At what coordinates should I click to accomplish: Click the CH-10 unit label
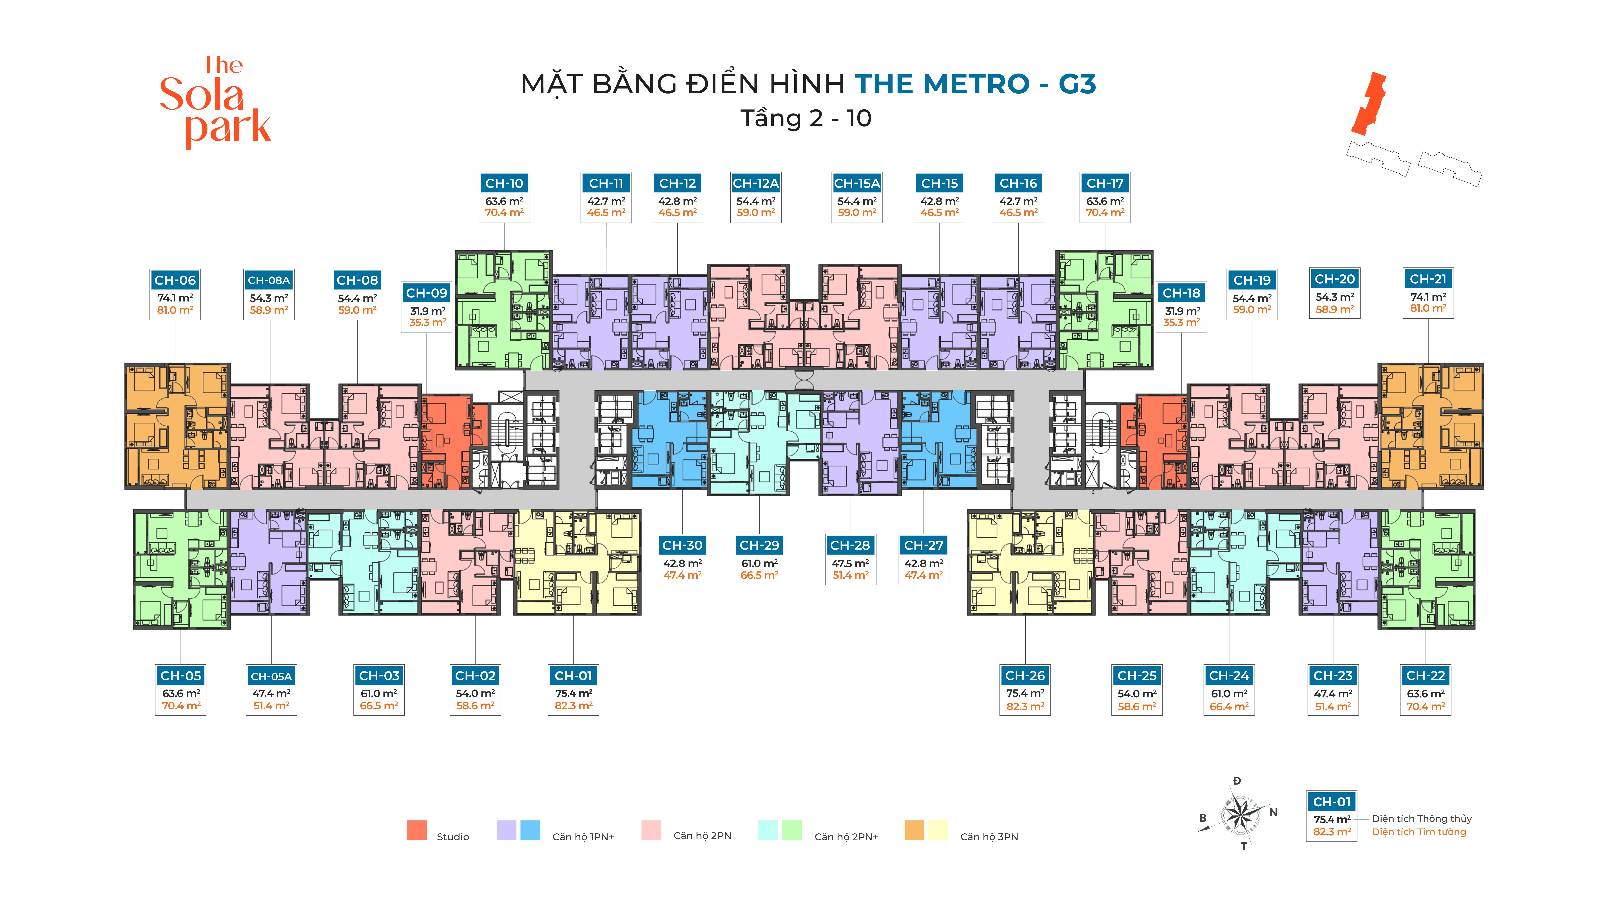504,183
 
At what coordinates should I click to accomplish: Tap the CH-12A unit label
756,183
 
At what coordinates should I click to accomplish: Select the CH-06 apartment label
175,280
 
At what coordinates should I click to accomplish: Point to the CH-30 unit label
682,545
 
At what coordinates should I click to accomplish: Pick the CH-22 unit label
1426,676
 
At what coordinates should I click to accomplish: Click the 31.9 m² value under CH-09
427,311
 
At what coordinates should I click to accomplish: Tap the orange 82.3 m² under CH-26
1025,706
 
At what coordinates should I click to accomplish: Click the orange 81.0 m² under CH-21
1428,308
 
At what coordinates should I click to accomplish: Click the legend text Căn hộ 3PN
989,836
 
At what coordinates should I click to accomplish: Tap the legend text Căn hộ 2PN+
846,836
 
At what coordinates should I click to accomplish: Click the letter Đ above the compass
1237,781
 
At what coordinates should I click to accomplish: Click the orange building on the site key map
1368,104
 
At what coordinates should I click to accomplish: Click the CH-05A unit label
271,676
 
